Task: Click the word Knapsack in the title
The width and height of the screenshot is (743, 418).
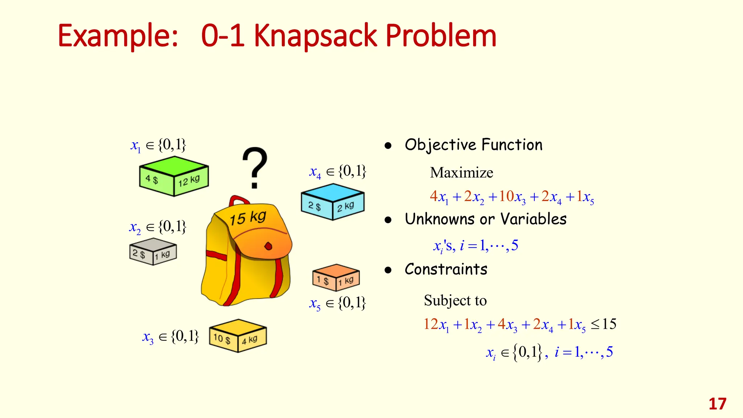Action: (x=315, y=36)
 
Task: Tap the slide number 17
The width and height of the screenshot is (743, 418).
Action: (x=717, y=404)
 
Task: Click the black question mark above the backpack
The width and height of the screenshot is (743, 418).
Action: (x=255, y=167)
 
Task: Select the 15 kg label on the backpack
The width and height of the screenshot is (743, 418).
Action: (x=248, y=218)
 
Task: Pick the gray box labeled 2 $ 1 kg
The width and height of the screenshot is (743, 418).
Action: (x=153, y=252)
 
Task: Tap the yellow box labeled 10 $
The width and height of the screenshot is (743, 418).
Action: (x=238, y=336)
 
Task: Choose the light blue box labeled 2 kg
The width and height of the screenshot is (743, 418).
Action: (x=332, y=202)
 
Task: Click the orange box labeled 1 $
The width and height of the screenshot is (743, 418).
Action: (x=336, y=278)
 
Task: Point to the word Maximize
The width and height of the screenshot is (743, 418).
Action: (x=461, y=173)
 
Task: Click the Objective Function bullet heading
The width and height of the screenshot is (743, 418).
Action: (x=473, y=145)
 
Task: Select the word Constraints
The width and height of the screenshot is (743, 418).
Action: (x=446, y=269)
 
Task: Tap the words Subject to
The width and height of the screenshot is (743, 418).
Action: (x=455, y=300)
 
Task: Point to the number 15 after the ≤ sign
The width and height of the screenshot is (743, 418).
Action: (x=609, y=324)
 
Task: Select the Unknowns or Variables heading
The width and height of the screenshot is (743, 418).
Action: (x=485, y=219)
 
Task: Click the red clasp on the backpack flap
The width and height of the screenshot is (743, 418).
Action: (x=268, y=246)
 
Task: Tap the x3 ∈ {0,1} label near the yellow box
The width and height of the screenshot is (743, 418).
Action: (x=171, y=337)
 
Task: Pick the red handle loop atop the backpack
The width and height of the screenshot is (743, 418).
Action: (x=238, y=201)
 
